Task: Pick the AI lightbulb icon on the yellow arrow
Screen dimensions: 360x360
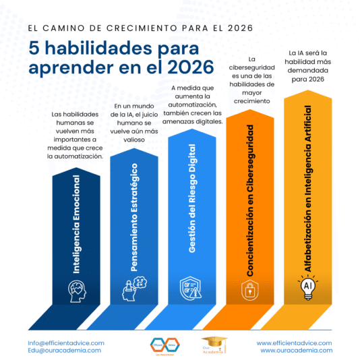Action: [x=307, y=287]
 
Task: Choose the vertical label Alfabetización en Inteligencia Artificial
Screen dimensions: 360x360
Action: [x=308, y=188]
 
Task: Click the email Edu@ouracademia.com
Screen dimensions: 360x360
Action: [x=65, y=351]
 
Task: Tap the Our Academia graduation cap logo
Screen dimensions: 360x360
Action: [x=210, y=345]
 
